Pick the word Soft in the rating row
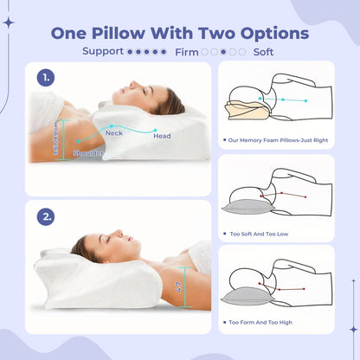tap(264, 51)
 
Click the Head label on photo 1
tap(163, 135)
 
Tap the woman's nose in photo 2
tap(117, 229)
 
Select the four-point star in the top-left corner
tap(9, 23)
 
